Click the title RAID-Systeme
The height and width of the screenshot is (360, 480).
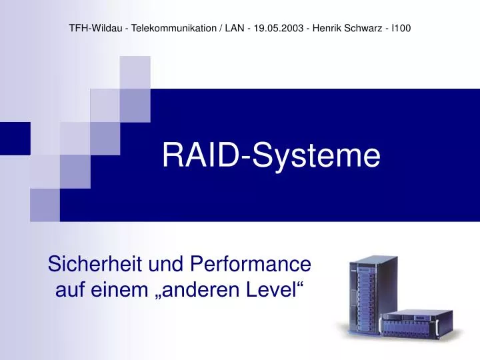271,156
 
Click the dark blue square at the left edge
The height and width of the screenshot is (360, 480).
15,139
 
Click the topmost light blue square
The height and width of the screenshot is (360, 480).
135,72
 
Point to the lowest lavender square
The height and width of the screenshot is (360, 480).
45,205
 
